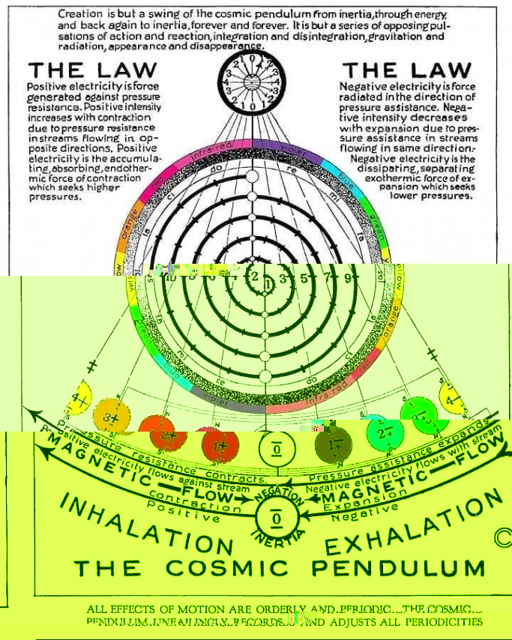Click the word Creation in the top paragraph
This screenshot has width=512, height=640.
click(80, 14)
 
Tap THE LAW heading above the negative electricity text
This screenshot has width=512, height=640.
click(406, 70)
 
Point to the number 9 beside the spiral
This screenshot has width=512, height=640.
click(346, 278)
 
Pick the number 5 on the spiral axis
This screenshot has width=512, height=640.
click(306, 279)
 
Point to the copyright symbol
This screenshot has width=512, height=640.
click(502, 539)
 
